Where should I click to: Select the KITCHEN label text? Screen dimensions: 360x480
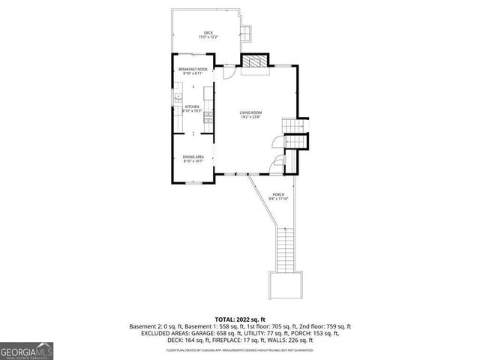pos(193,107)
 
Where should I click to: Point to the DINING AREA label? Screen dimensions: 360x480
pos(193,156)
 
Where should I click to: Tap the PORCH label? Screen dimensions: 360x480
pos(278,194)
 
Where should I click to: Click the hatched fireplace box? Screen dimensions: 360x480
pos(255,62)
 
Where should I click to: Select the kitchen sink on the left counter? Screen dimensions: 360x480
pos(178,98)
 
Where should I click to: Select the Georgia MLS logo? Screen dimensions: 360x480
pos(25,350)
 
